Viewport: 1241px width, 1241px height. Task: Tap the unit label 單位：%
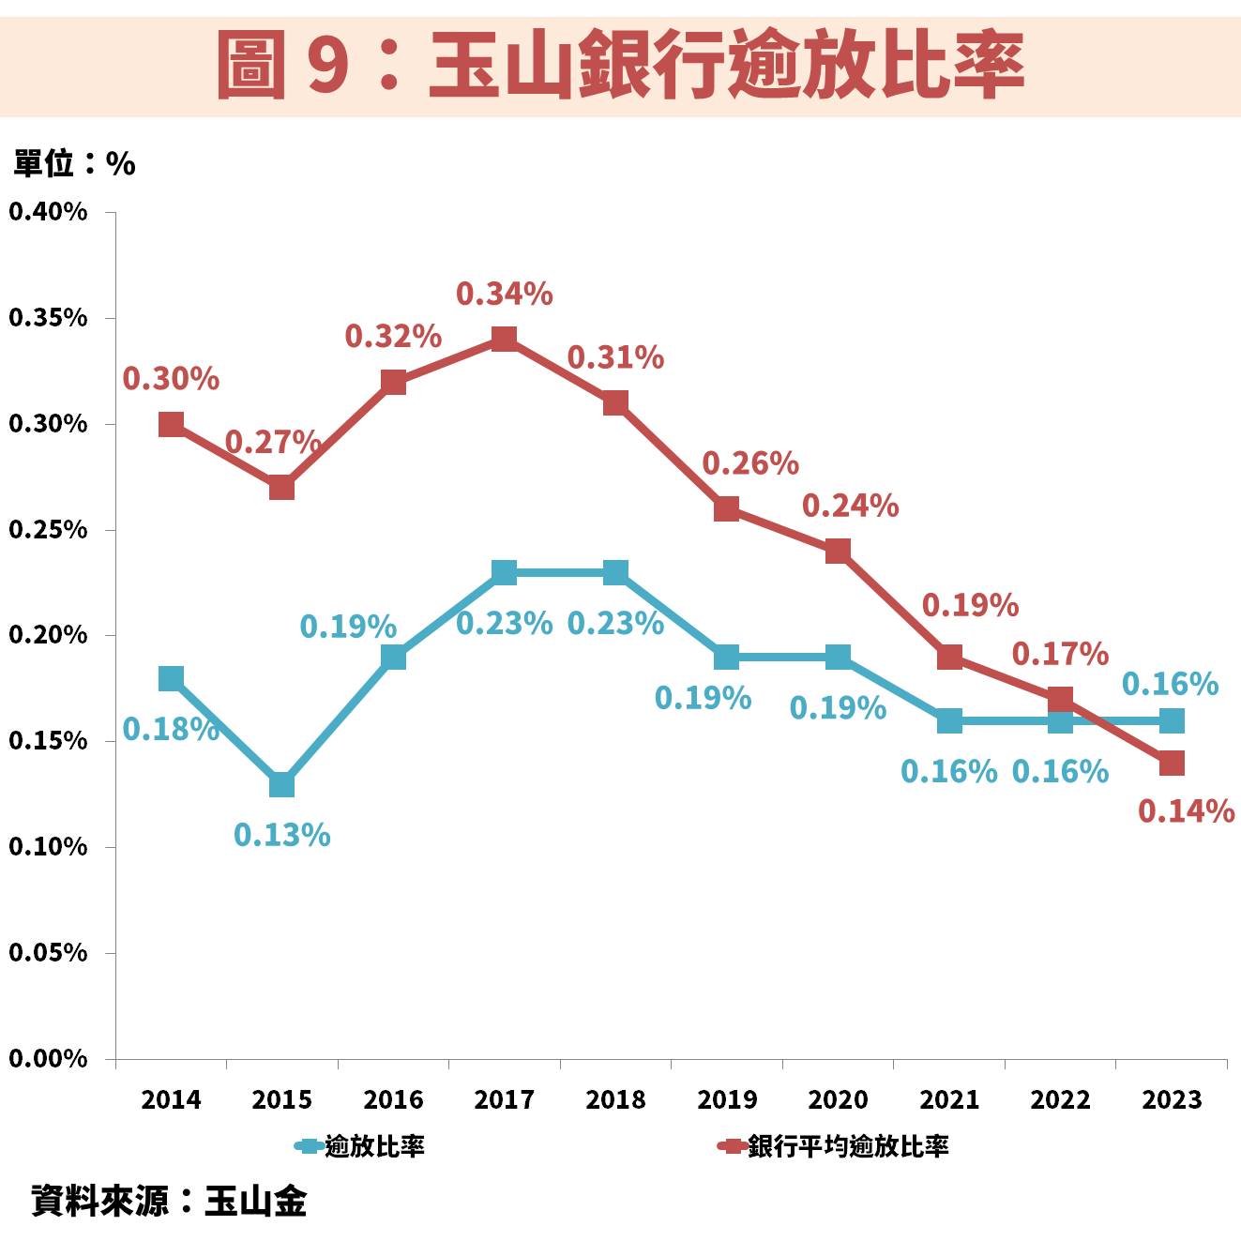(74, 164)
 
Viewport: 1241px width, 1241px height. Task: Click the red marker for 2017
(504, 339)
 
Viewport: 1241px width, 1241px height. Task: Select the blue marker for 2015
(281, 784)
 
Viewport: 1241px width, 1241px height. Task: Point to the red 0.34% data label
(504, 295)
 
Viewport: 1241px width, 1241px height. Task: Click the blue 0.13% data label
(281, 834)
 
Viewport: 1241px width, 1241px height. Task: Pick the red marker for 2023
(1171, 764)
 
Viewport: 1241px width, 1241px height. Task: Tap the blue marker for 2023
(1171, 720)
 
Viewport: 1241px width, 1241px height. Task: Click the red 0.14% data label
(1186, 810)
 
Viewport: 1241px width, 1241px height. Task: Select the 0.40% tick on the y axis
(48, 212)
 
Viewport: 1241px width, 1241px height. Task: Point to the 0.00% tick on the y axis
(48, 1059)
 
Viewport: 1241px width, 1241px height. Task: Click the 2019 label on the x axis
(726, 1099)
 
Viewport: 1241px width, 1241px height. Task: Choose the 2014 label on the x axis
(171, 1099)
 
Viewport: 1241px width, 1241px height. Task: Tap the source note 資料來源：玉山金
(169, 1201)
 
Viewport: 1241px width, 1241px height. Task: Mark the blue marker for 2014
(171, 678)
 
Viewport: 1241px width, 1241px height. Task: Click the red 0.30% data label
(171, 379)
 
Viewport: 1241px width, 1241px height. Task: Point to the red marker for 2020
(838, 551)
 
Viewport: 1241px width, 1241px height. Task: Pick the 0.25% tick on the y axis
(48, 530)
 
